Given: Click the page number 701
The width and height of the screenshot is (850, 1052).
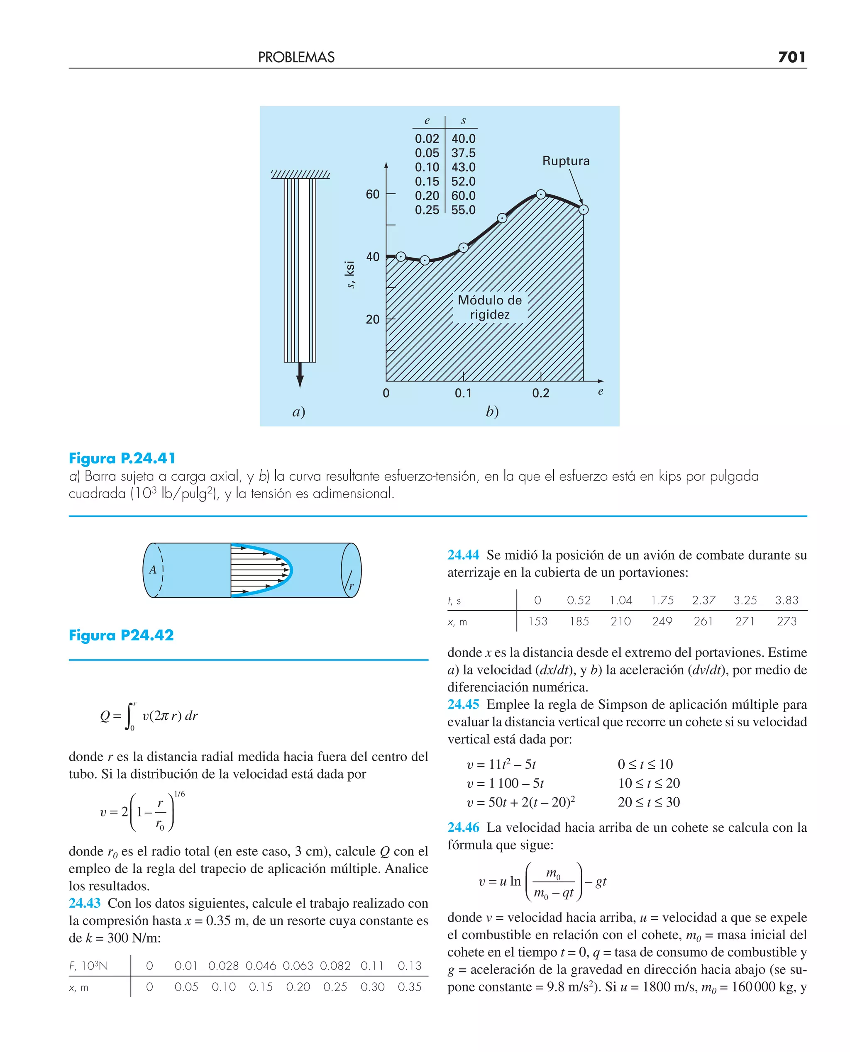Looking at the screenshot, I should [791, 57].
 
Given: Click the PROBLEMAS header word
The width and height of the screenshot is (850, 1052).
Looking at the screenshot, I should [296, 58].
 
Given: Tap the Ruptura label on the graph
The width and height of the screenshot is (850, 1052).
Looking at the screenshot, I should [566, 161].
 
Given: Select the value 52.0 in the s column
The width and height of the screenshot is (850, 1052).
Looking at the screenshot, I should [463, 182].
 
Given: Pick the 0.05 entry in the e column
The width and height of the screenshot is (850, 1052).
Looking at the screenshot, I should [427, 153].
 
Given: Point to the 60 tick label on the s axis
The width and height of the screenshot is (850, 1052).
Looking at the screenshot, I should [373, 194].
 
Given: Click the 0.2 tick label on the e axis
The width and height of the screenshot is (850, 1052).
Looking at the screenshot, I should [540, 393].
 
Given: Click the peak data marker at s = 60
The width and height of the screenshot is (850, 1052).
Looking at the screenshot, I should [540, 194].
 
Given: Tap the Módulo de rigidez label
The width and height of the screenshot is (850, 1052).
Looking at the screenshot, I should [490, 307].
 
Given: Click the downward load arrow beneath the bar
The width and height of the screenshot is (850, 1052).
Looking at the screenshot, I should [300, 376].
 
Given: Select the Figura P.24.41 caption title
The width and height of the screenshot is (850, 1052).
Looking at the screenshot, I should [122, 458].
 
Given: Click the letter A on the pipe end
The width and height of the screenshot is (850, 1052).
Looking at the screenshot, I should [153, 570].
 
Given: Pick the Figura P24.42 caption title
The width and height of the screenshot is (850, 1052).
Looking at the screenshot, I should [121, 635].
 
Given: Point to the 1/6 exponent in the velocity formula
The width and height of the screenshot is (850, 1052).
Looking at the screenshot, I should [179, 794].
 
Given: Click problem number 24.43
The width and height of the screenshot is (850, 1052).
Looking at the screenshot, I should [84, 903].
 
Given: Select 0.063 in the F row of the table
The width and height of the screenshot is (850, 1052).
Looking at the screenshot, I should [298, 966].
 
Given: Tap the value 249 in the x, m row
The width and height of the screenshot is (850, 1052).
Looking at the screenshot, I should [662, 621].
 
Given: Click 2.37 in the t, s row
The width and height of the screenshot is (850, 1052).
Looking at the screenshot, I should [703, 600].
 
